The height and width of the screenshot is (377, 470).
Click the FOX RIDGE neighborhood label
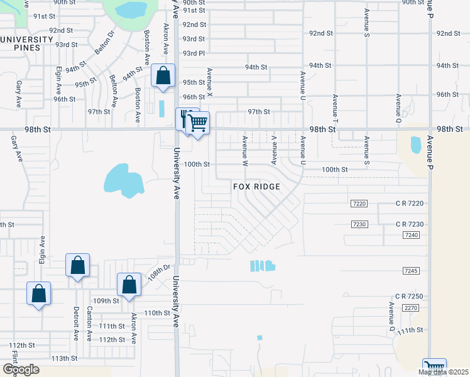256,187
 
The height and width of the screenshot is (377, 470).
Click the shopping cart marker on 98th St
198,123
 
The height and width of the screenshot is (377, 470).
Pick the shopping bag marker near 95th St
163,76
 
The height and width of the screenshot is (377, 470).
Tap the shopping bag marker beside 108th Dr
129,284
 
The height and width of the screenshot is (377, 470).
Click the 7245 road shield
412,271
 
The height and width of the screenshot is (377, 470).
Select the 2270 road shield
412,308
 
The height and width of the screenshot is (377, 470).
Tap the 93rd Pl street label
194,53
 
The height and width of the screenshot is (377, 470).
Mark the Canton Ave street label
89,324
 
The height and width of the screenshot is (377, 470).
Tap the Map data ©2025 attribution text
443,372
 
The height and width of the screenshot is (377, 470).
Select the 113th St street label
63,358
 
